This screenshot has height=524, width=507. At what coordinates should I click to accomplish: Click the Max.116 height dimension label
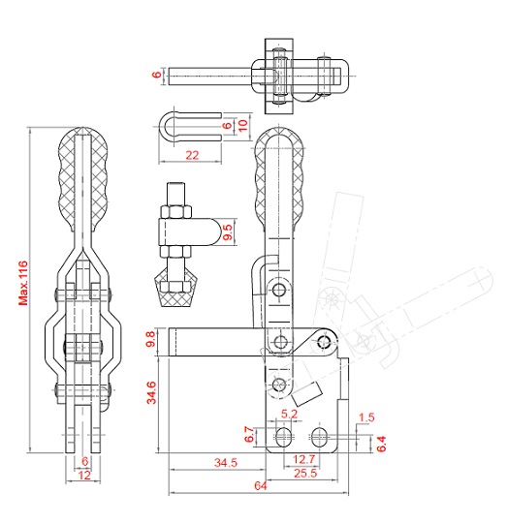[23, 283]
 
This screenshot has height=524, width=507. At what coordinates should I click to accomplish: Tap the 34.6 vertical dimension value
[151, 392]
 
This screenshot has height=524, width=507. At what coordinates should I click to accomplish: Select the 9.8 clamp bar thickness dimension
[150, 339]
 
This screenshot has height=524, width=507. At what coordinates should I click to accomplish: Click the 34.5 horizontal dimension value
[226, 463]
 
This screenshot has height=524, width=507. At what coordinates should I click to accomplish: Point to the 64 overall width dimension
[261, 485]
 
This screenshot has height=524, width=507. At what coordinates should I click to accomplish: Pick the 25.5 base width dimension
[305, 474]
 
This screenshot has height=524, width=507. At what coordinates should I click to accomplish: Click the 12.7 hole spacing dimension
[303, 459]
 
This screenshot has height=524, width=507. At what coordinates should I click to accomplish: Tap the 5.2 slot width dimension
[289, 414]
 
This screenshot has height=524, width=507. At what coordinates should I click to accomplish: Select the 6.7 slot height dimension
[249, 434]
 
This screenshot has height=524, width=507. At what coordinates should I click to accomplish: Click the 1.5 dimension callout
[366, 417]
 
